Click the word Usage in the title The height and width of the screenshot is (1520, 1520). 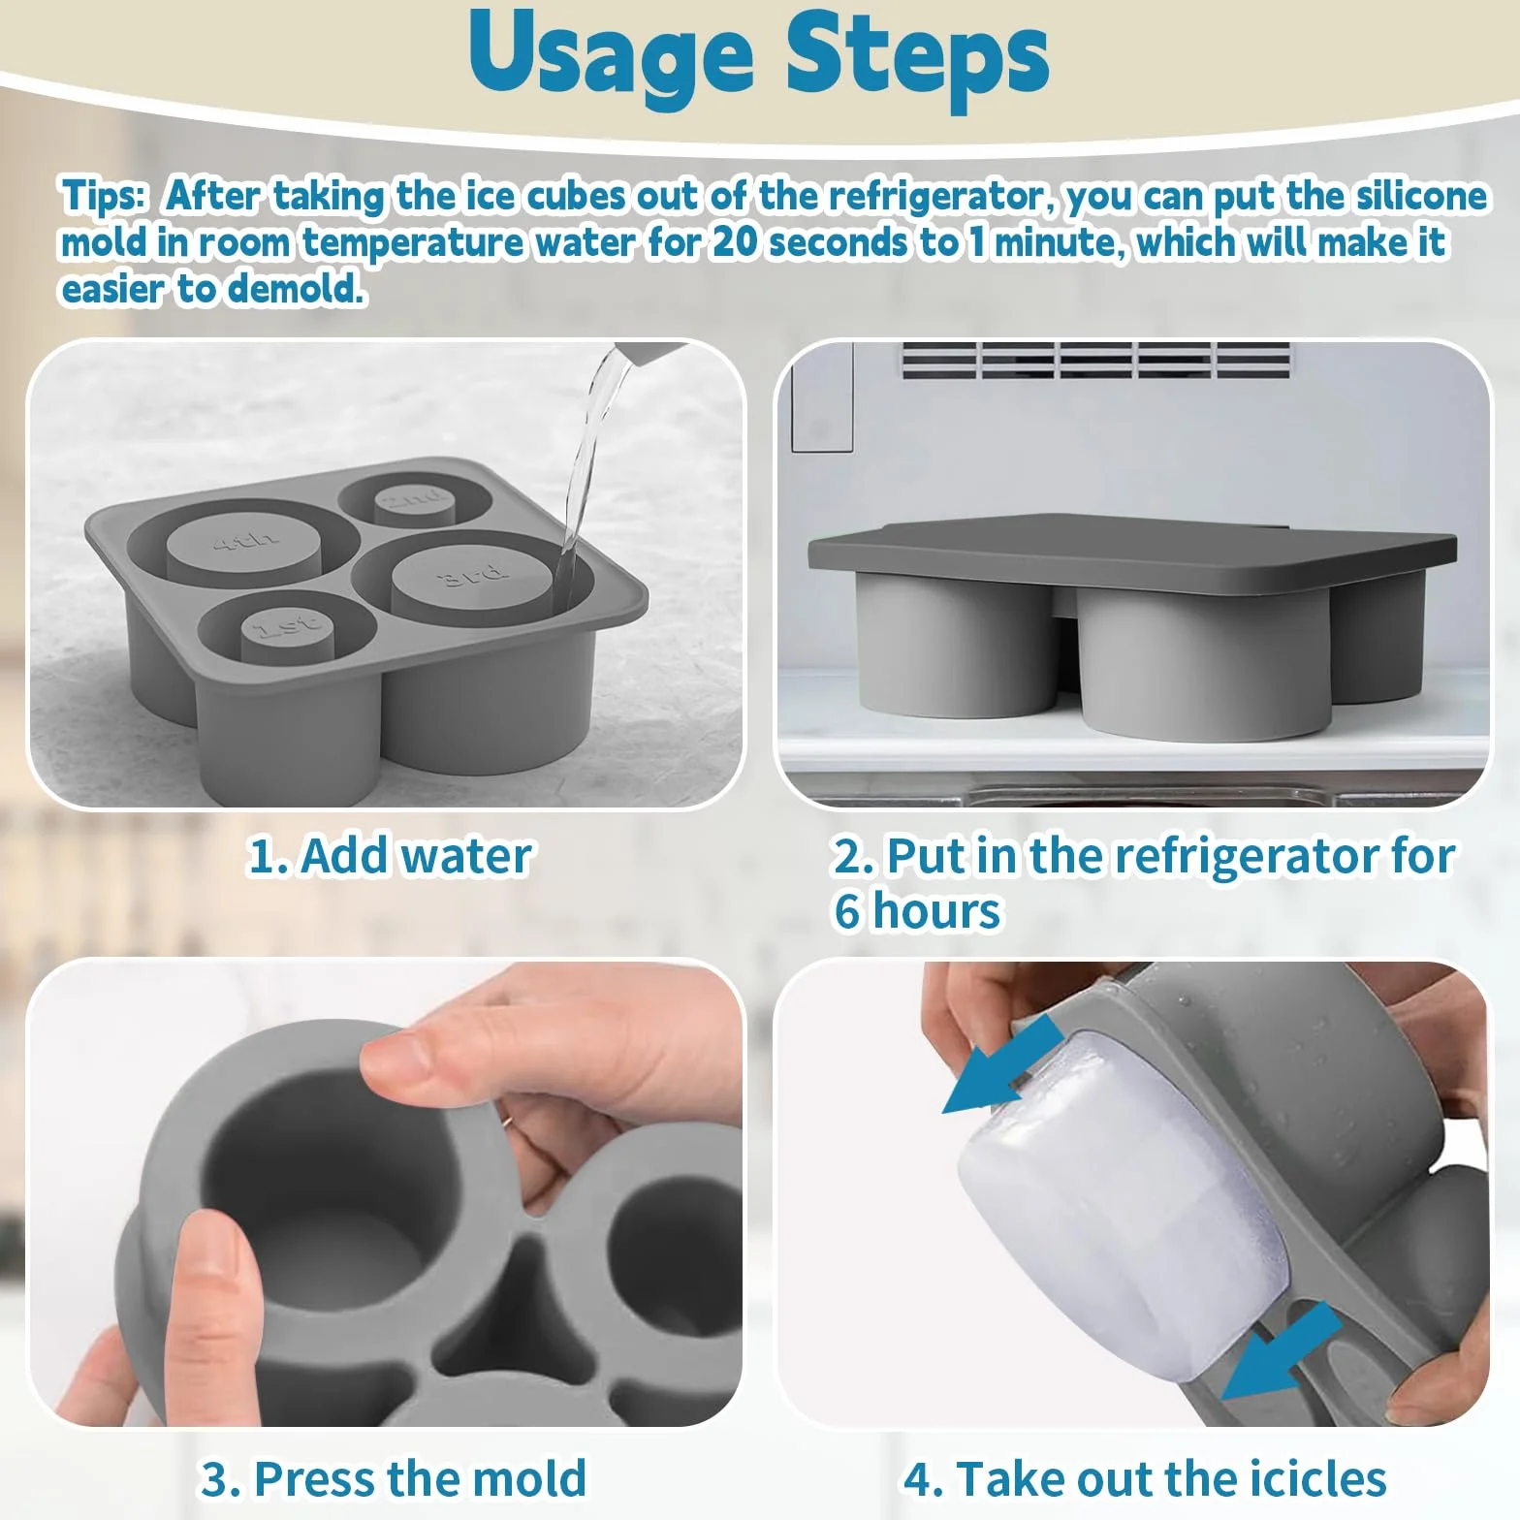tap(611, 56)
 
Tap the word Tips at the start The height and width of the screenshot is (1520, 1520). tap(103, 196)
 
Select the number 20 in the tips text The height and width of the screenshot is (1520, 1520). tap(735, 242)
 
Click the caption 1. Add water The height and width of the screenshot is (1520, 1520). tap(390, 856)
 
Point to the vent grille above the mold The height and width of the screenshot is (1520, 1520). tap(1096, 361)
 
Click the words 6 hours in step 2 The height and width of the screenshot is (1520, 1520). tap(917, 911)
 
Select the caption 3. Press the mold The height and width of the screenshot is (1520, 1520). tap(393, 1479)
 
